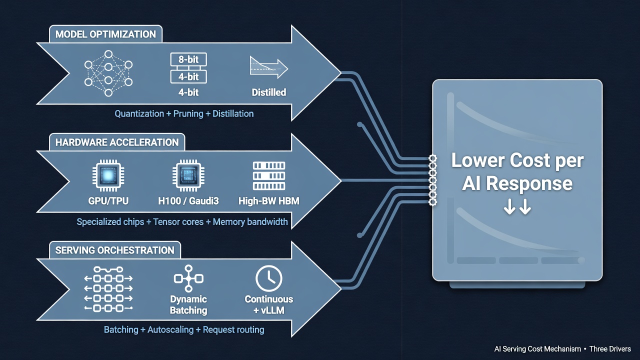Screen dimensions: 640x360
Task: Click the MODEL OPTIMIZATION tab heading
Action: [x=105, y=34]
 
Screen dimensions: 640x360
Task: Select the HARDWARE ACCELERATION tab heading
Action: [x=117, y=142]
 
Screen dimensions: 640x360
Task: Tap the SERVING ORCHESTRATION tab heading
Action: [x=114, y=250]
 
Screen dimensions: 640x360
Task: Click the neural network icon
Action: [x=108, y=73]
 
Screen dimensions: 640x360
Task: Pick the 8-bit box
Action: [x=188, y=59]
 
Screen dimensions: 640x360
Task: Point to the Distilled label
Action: [x=269, y=92]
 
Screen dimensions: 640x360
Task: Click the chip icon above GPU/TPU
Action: [x=108, y=175]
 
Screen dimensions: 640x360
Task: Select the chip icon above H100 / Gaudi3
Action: [x=188, y=175]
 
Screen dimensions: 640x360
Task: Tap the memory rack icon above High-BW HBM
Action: [x=269, y=176]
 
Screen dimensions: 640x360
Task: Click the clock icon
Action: [x=269, y=278]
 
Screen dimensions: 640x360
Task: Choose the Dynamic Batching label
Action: [x=188, y=304]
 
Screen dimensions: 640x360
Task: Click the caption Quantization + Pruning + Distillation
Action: [x=184, y=113]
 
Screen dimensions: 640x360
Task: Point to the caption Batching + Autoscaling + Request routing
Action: [x=184, y=329]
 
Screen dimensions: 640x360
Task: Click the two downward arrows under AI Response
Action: [x=517, y=207]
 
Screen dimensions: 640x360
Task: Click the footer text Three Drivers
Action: [x=610, y=349]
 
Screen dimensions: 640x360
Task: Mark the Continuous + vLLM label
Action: [x=269, y=304]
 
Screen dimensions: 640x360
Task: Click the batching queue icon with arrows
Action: [x=108, y=289]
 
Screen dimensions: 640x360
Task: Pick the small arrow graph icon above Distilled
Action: [x=269, y=67]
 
